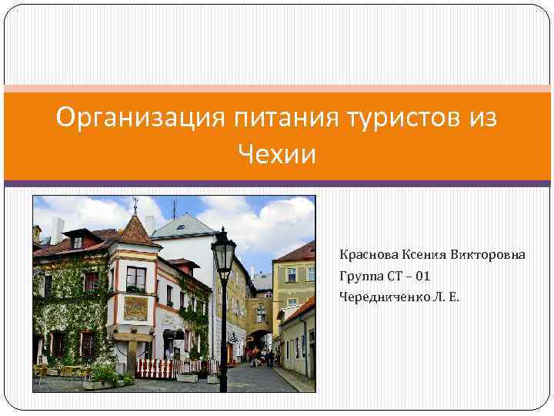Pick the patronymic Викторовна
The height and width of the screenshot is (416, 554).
[x=489, y=254]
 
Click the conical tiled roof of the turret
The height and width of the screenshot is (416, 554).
[x=135, y=231]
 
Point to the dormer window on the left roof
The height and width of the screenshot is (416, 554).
[x=78, y=242]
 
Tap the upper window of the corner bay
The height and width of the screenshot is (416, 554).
[x=136, y=277]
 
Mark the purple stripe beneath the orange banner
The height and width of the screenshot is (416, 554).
[x=277, y=183]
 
